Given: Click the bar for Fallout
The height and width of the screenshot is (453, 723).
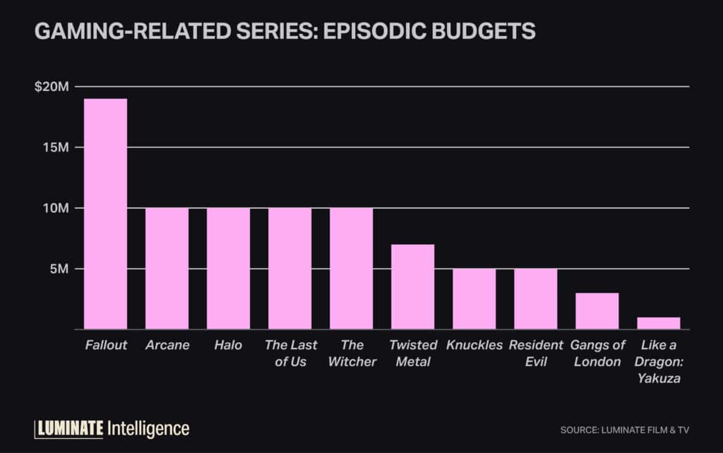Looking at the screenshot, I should click(x=105, y=214).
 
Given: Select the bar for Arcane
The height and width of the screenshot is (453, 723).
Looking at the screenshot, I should click(x=167, y=269).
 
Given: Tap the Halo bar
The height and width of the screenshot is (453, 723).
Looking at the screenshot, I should click(x=228, y=269).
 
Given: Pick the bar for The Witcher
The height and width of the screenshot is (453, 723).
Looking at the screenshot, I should click(x=351, y=269).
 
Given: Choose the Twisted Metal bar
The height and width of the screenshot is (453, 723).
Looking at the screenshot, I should click(x=412, y=287).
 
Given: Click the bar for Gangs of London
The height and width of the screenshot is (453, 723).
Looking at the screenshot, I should click(x=597, y=311).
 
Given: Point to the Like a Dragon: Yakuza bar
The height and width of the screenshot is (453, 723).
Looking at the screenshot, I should click(x=658, y=323).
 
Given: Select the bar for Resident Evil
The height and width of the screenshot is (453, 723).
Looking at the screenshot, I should click(x=535, y=299).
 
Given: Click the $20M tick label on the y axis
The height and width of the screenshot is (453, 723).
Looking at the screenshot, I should click(x=52, y=87).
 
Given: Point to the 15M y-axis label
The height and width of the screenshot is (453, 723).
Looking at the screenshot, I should click(x=56, y=147).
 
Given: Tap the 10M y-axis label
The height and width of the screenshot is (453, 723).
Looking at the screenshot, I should click(x=56, y=208).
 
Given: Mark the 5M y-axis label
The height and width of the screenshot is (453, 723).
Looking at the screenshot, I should click(x=59, y=269).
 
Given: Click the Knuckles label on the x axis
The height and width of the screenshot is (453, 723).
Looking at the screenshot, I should click(x=474, y=345).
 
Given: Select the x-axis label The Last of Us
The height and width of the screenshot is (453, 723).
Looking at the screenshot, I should click(x=290, y=354).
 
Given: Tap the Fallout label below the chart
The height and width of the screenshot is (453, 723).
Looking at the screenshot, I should click(x=105, y=345).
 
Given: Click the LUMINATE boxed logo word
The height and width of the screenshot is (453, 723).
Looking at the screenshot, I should click(x=69, y=428).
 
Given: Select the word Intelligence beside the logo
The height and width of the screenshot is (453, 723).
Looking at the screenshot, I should click(x=148, y=428).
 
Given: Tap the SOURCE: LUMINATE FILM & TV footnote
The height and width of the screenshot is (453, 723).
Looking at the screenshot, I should click(x=624, y=430).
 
